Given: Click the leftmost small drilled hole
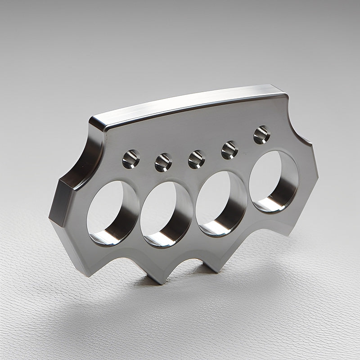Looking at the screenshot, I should [x=130, y=159].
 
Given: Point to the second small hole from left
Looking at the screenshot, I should [x=163, y=162].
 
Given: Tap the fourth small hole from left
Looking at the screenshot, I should [x=229, y=150].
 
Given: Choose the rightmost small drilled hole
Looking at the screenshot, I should [x=261, y=135].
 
